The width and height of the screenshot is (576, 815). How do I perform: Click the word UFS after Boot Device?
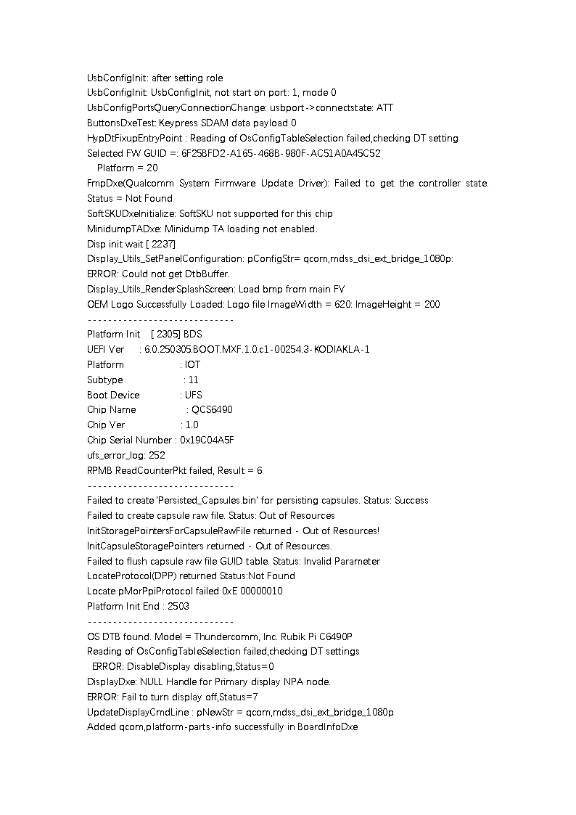tap(194, 395)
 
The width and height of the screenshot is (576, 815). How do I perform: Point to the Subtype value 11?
tap(193, 380)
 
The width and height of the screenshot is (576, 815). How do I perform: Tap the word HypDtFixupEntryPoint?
tap(135, 138)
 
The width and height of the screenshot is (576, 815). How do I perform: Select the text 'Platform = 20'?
tap(127, 168)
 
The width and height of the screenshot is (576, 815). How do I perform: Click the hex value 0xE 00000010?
tap(247, 591)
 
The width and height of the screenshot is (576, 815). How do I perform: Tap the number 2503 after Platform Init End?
tap(178, 606)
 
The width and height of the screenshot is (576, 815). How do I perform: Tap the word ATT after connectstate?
tap(385, 107)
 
